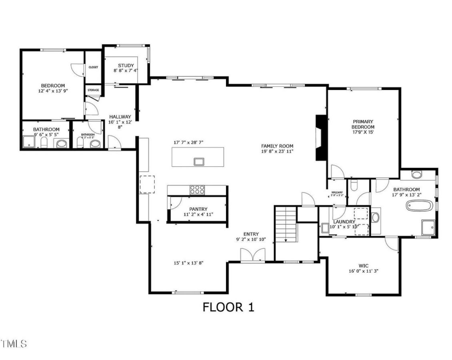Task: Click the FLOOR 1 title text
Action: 228,307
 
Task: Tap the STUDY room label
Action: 126,66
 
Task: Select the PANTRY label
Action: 198,209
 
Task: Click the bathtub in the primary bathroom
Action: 419,206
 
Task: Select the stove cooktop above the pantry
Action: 198,190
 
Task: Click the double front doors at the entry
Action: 252,255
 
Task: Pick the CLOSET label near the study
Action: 93,67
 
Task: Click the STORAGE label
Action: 93,90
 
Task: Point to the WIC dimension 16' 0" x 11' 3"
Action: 363,270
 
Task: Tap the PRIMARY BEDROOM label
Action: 363,124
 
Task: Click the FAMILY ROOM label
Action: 277,146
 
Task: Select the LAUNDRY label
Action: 344,222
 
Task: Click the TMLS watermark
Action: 14,343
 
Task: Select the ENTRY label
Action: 251,234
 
